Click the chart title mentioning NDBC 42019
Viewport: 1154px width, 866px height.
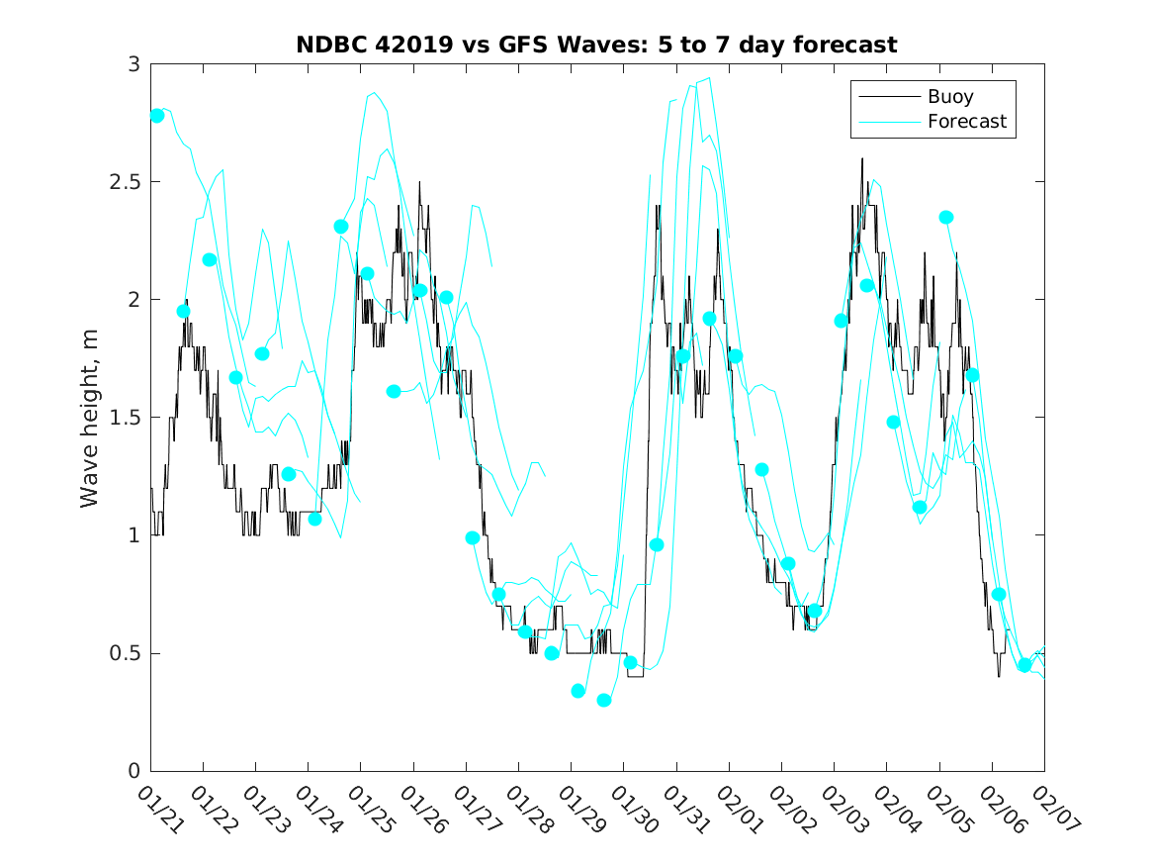pos(596,45)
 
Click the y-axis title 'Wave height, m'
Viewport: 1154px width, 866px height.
pos(90,418)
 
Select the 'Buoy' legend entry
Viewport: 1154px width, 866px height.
pos(949,97)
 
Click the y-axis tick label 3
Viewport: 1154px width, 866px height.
pos(133,64)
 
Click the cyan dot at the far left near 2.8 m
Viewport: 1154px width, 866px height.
pos(157,116)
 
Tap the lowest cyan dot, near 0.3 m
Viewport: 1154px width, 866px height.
pos(604,700)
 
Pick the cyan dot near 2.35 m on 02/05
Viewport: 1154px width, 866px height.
pos(946,217)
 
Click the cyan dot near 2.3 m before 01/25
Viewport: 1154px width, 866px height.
pos(341,227)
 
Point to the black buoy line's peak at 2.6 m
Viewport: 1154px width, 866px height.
pos(862,158)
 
